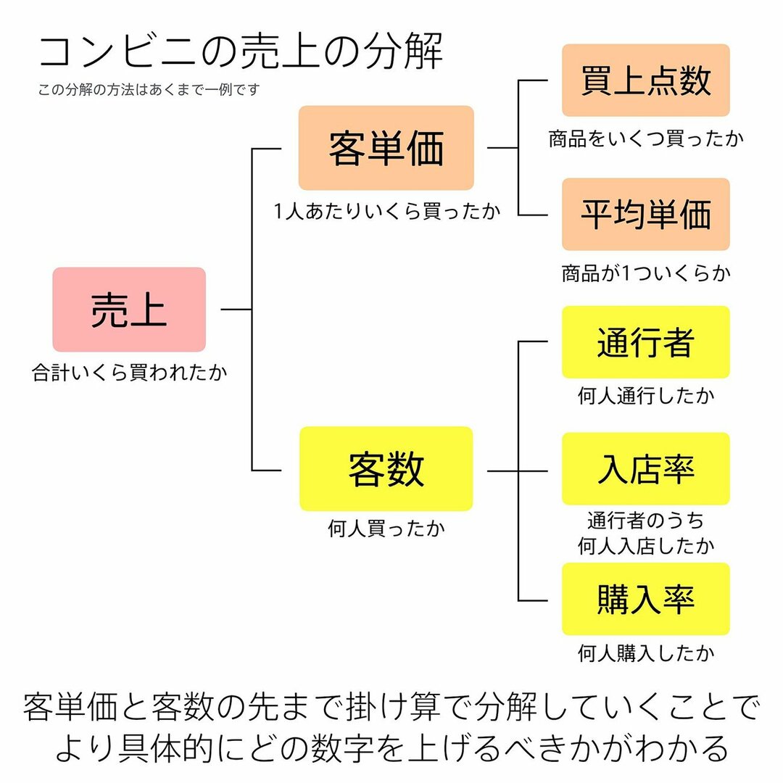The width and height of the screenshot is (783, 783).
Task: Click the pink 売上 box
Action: pyautogui.click(x=129, y=310)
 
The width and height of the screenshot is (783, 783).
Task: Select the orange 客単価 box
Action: pyautogui.click(x=386, y=148)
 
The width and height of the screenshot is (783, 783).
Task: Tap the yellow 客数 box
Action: pyautogui.click(x=386, y=469)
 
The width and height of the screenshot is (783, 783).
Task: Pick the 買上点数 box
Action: pyautogui.click(x=645, y=80)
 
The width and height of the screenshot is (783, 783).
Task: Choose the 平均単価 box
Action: pyautogui.click(x=645, y=215)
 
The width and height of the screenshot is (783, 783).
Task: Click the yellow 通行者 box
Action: pyautogui.click(x=645, y=342)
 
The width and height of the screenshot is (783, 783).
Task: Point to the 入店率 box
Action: pyautogui.click(x=645, y=469)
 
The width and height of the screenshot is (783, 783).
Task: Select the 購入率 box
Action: pyautogui.click(x=645, y=599)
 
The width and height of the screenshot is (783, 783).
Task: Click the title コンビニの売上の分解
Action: pyautogui.click(x=240, y=52)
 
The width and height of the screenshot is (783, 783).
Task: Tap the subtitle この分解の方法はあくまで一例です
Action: pyautogui.click(x=149, y=91)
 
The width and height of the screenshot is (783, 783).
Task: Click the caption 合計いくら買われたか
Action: pyautogui.click(x=129, y=373)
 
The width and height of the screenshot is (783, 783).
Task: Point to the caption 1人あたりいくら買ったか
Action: pyautogui.click(x=386, y=211)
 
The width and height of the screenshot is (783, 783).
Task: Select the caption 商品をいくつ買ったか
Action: pyautogui.click(x=646, y=138)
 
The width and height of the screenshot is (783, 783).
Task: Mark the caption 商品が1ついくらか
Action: pyautogui.click(x=646, y=273)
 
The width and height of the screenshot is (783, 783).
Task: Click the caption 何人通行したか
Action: pyautogui.click(x=646, y=396)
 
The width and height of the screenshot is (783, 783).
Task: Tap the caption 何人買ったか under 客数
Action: pyautogui.click(x=386, y=529)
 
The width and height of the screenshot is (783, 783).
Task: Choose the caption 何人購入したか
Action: pyautogui.click(x=646, y=653)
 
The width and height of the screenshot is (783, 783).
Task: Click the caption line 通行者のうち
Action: pyautogui.click(x=646, y=521)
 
